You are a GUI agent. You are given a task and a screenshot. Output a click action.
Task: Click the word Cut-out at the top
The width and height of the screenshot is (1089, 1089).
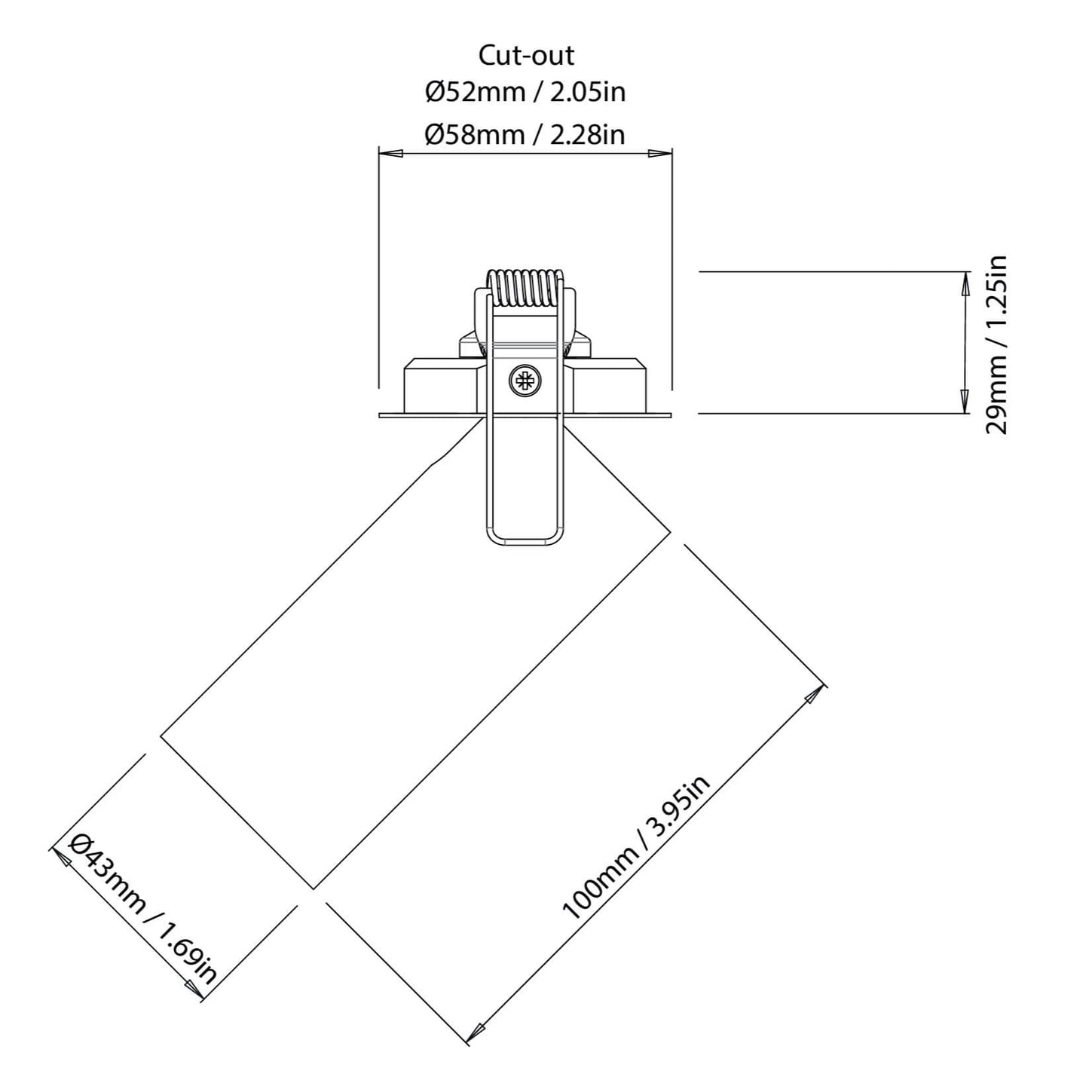(525, 55)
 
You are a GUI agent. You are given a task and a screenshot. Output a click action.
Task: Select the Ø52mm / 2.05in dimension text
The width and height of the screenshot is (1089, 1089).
(525, 92)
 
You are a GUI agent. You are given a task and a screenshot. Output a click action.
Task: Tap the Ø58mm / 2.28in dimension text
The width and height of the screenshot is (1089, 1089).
(525, 134)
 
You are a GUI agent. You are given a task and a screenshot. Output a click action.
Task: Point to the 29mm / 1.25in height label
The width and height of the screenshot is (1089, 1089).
(996, 344)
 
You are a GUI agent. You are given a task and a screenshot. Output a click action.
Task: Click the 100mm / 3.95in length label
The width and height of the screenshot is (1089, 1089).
(637, 847)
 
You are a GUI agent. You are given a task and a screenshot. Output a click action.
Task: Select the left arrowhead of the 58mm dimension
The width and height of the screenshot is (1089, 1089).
(389, 154)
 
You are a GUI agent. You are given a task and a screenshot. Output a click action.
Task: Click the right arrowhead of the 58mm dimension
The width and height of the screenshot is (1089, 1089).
(661, 154)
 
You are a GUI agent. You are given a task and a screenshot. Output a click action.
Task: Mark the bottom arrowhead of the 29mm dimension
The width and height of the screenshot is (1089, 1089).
(964, 402)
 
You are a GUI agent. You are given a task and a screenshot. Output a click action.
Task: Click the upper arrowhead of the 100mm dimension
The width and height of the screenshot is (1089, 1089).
(814, 695)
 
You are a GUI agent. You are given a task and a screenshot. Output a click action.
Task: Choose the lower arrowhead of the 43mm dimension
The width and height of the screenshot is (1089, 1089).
(193, 990)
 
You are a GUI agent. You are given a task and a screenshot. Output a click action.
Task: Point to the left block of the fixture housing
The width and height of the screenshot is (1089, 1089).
(439, 388)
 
